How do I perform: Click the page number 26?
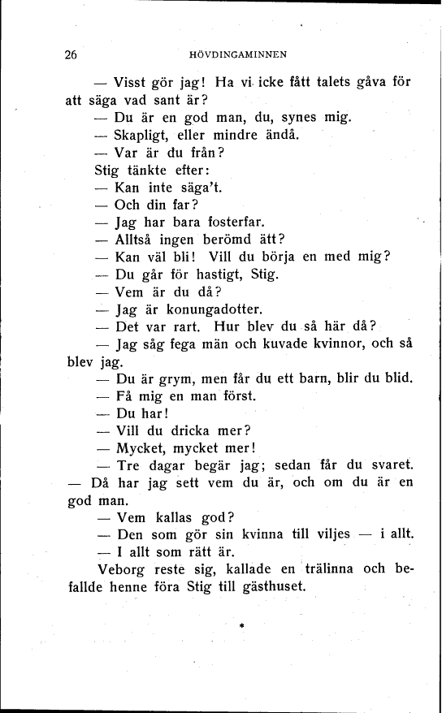(70, 55)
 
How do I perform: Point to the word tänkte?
(149, 170)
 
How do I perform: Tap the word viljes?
(323, 534)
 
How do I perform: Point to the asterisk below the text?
(242, 625)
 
